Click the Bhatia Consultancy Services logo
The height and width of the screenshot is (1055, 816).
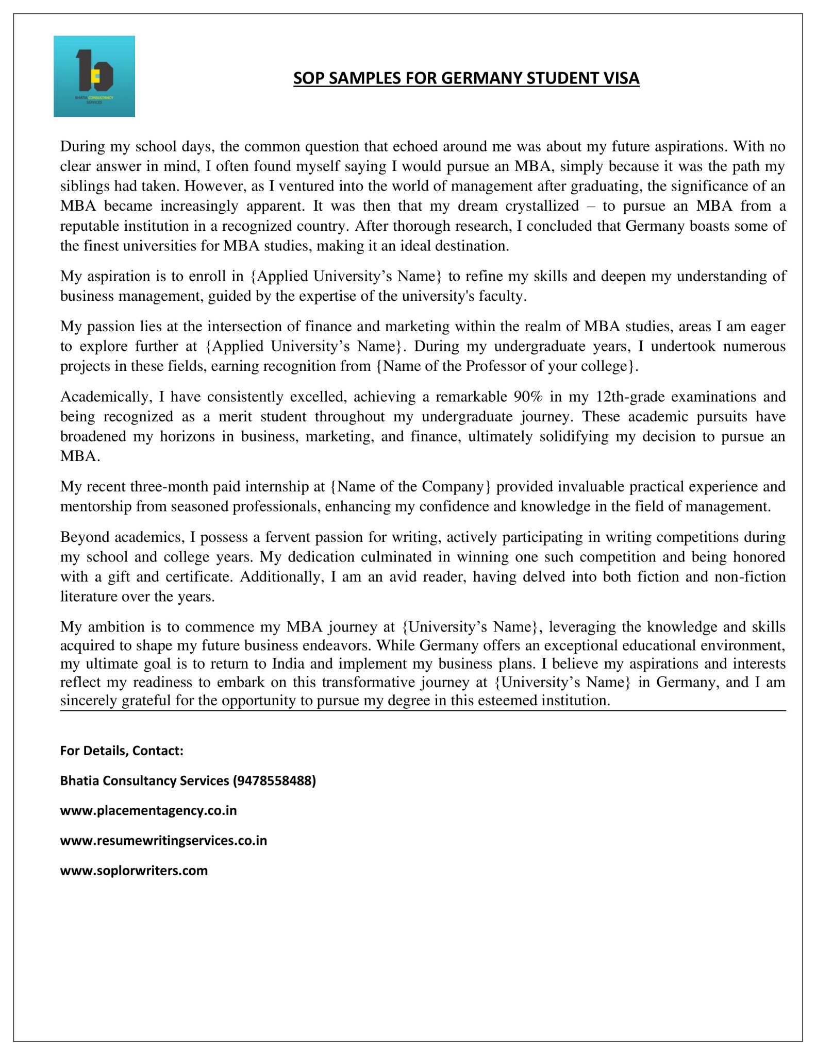point(94,76)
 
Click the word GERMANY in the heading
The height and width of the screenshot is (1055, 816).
point(482,78)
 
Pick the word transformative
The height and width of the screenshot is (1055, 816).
point(367,683)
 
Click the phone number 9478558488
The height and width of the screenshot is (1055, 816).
point(274,780)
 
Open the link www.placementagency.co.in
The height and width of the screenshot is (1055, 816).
point(148,810)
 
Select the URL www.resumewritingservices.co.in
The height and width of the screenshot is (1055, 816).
point(163,840)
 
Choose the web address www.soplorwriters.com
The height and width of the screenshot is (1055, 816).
point(134,871)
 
